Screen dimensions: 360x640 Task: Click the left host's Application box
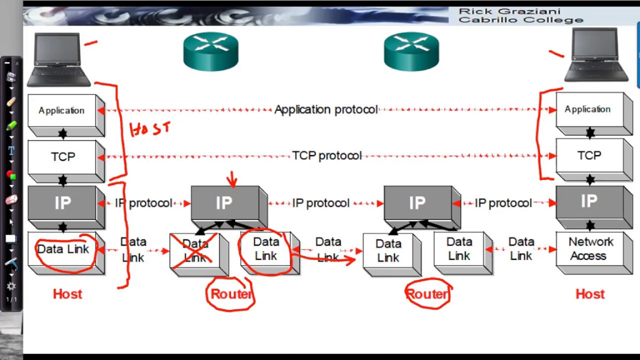(x=62, y=110)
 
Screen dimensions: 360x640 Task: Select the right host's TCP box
(x=589, y=156)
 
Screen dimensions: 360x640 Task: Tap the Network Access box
(x=590, y=249)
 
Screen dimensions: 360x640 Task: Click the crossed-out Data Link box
(x=195, y=251)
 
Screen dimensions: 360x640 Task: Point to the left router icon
(x=210, y=51)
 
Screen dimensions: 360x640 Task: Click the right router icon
(x=411, y=51)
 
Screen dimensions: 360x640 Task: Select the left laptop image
(x=58, y=59)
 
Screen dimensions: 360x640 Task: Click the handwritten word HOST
(x=150, y=129)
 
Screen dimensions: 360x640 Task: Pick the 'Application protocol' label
(x=325, y=109)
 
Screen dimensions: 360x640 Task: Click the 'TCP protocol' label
(x=326, y=156)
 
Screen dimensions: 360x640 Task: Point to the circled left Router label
(x=231, y=294)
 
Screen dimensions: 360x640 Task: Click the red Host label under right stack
(x=590, y=294)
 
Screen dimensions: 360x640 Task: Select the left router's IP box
(x=224, y=203)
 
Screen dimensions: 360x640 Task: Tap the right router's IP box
(x=417, y=203)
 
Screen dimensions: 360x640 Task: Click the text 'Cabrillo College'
(x=520, y=20)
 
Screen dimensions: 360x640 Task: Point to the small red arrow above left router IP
(x=231, y=178)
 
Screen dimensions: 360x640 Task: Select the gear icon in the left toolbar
(x=11, y=286)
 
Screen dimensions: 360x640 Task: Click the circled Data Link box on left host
(x=63, y=249)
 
